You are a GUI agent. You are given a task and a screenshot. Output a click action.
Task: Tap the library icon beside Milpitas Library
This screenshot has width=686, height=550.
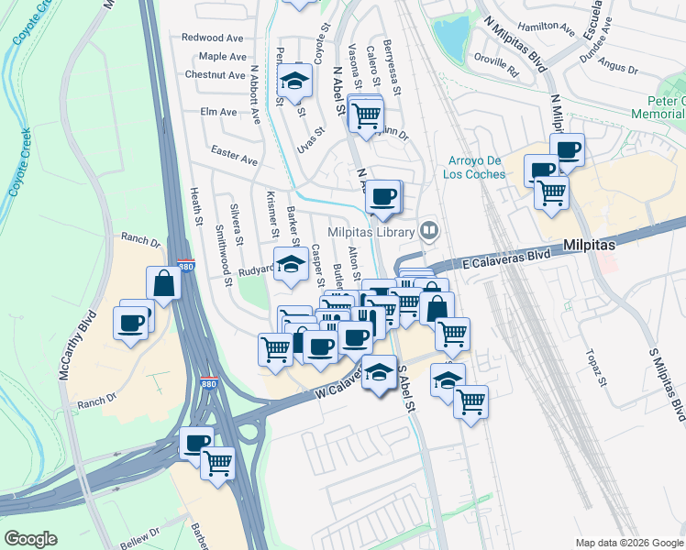click(427, 229)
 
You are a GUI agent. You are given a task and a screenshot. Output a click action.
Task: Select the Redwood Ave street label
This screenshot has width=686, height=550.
click(212, 38)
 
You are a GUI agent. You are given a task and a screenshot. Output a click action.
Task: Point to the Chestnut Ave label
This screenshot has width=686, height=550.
click(215, 74)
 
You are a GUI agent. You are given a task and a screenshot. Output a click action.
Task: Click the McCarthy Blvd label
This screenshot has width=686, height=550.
click(89, 342)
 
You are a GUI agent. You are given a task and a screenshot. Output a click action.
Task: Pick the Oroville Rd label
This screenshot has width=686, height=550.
click(501, 63)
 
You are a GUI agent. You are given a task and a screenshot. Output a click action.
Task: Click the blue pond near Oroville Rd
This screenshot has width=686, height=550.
click(450, 38)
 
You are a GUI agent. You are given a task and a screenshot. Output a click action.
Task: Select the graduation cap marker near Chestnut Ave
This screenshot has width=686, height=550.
click(294, 81)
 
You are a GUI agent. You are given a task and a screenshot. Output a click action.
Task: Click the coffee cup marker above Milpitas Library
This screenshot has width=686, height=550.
click(383, 195)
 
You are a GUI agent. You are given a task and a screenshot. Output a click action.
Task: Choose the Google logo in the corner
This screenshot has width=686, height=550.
click(30, 539)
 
